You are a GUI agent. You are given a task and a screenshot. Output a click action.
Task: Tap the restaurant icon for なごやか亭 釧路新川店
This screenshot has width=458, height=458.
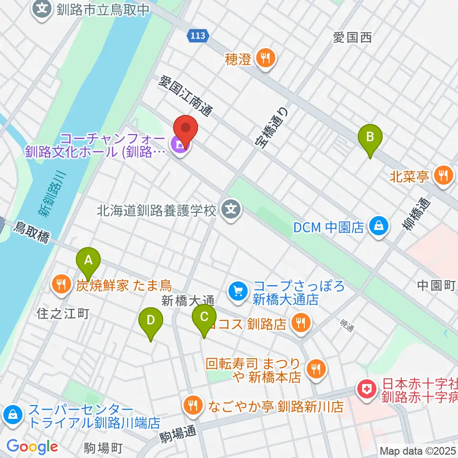click(x=193, y=406)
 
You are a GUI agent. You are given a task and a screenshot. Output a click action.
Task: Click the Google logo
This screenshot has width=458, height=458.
click(x=32, y=447)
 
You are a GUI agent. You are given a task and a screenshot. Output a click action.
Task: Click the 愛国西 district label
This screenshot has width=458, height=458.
click(x=352, y=38)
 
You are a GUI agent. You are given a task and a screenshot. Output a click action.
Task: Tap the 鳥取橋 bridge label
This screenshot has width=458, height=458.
click(x=32, y=232)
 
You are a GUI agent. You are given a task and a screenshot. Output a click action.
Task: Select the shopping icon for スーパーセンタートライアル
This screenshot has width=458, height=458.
click(x=12, y=415)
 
